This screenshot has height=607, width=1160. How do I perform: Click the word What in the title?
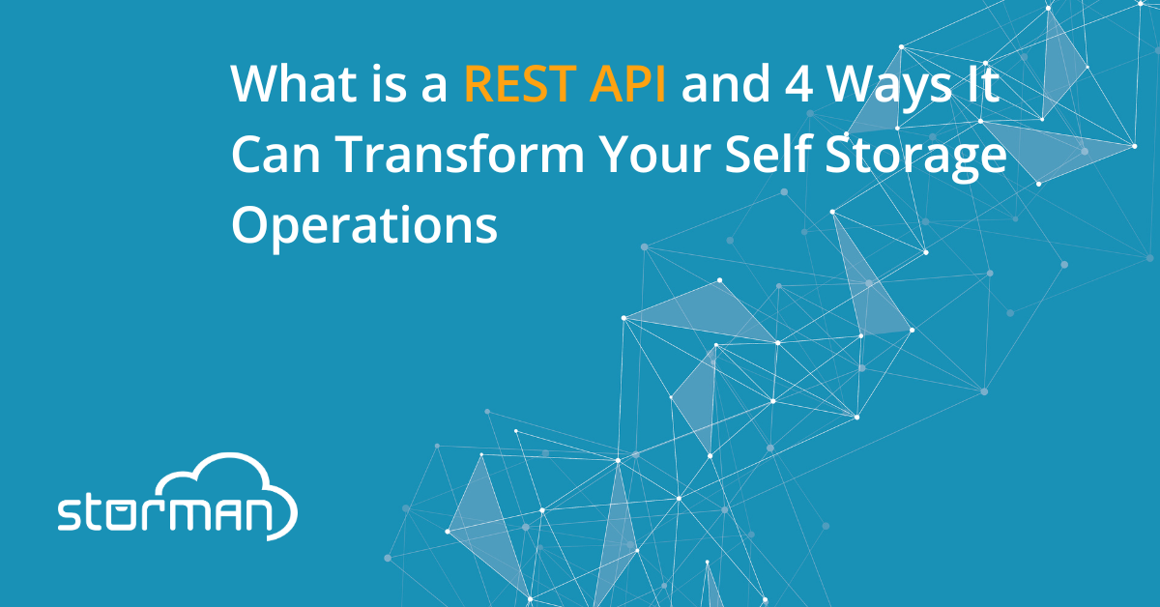coord(295,83)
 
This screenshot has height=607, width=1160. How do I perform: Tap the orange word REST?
coord(520,83)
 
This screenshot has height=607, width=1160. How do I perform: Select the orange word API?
coord(627,83)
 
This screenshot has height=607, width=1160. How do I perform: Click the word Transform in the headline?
coord(461,154)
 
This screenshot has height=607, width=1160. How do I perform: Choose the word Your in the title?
coord(655,155)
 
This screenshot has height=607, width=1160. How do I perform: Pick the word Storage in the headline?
coord(915,158)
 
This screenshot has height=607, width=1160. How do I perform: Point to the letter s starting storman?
coord(70,515)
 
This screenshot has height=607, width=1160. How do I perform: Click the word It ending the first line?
coord(982,83)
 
